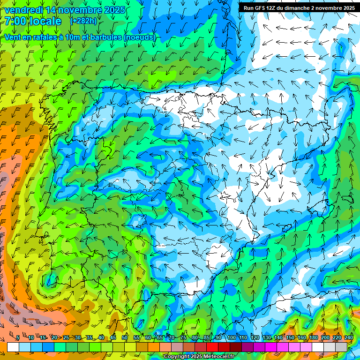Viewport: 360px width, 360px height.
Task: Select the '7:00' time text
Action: click(x=15, y=22)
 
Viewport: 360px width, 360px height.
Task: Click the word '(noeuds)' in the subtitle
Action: click(x=140, y=37)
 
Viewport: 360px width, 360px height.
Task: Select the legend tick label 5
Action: click(x=18, y=338)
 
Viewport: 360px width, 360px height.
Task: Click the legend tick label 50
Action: click(x=124, y=338)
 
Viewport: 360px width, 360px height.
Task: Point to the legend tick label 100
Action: click(x=231, y=338)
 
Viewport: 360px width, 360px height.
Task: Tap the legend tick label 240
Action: click(x=349, y=338)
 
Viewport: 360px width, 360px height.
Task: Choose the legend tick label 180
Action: click(x=314, y=338)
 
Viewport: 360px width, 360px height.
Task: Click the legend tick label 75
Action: click(x=183, y=338)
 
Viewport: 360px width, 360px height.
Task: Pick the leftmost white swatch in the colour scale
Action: click(x=13, y=347)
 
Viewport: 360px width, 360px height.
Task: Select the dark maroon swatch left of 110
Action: click(x=236, y=347)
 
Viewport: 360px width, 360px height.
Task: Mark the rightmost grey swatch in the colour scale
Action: click(x=341, y=347)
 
